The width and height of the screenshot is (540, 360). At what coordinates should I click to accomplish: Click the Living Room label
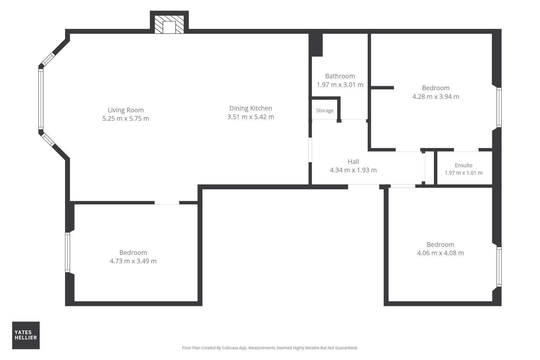[126, 110]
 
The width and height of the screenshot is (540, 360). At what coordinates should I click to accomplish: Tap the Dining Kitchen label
[251, 108]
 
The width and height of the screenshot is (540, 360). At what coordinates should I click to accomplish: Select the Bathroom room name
[340, 76]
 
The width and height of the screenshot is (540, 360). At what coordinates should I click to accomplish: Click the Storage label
[325, 111]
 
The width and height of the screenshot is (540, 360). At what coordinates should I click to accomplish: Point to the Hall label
[353, 162]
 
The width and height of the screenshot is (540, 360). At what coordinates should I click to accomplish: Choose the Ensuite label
[464, 165]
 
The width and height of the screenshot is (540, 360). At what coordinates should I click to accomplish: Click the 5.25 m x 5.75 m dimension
[126, 119]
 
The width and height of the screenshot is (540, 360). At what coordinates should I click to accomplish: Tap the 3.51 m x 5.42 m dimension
[251, 117]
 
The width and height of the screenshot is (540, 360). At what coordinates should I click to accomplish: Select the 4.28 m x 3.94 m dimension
[436, 97]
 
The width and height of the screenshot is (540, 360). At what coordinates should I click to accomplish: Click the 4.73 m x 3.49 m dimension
[133, 261]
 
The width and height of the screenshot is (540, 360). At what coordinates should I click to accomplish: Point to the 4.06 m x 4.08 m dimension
[441, 253]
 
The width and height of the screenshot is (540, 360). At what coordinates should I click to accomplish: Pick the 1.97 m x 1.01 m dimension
[464, 173]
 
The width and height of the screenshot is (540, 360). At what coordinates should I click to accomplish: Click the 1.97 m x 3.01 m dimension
[340, 85]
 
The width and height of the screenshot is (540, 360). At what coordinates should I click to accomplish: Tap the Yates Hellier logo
[26, 335]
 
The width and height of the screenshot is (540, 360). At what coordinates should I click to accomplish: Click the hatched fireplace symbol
[169, 25]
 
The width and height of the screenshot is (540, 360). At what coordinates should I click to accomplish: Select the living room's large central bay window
[41, 99]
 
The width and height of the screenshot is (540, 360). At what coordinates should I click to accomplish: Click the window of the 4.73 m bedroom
[67, 252]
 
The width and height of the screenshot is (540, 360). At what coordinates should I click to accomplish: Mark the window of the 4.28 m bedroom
[499, 107]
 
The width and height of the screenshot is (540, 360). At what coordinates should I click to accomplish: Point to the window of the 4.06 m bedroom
[499, 267]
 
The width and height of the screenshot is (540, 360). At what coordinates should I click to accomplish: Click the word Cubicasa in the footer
[230, 348]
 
